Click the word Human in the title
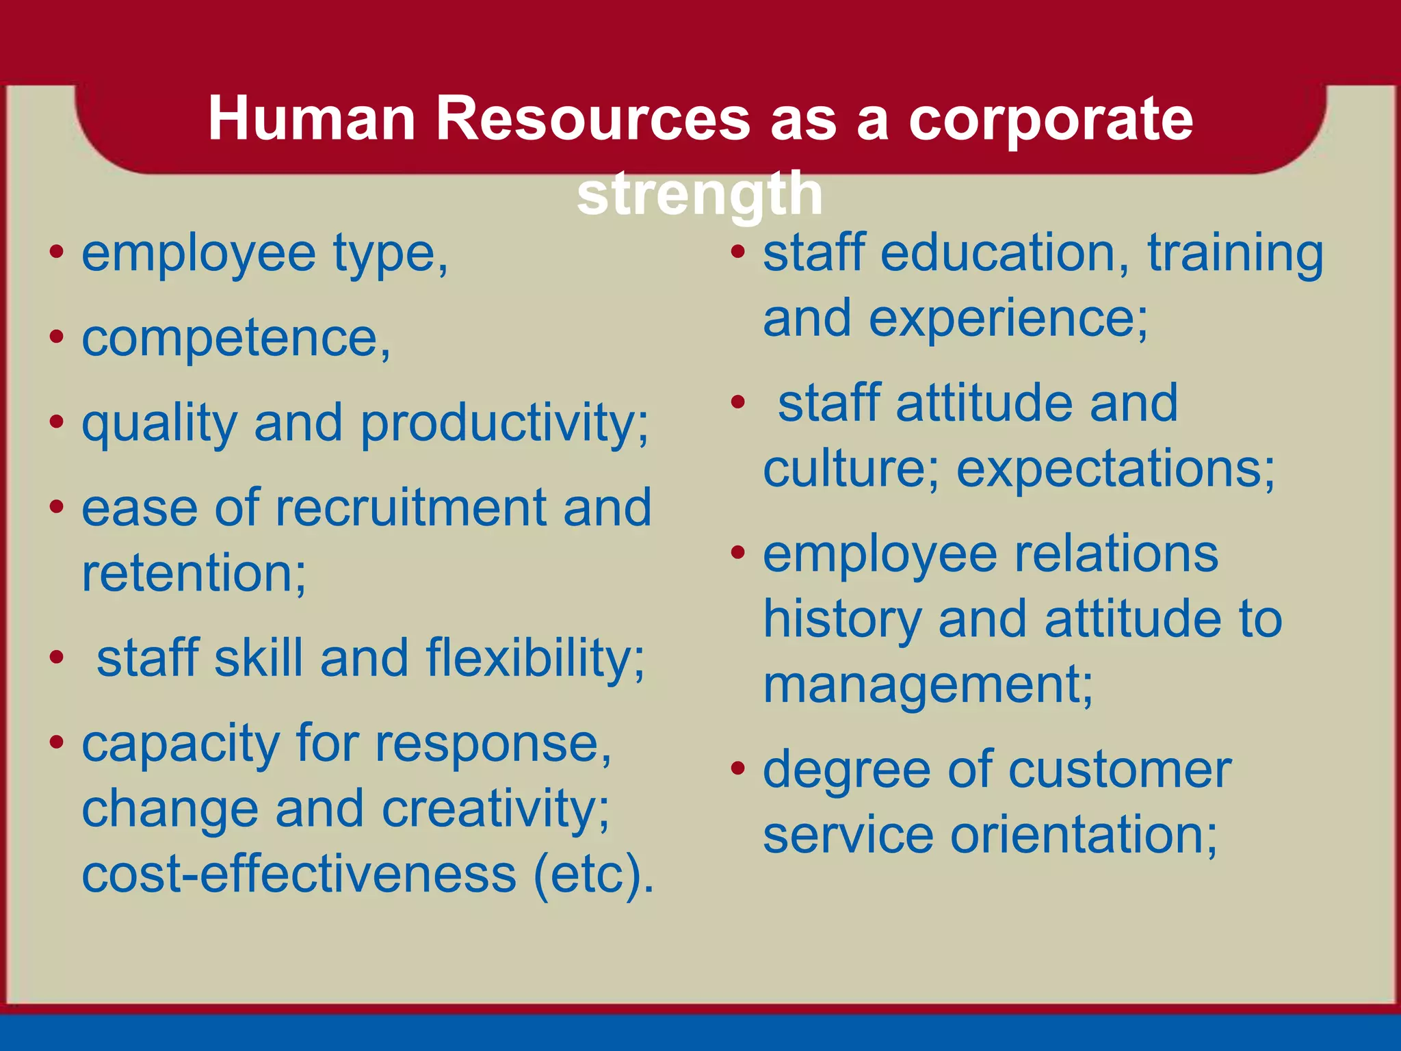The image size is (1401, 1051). point(312,119)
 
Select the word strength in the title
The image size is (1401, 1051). point(700,194)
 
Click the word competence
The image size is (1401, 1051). point(235,338)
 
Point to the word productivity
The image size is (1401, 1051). point(504,424)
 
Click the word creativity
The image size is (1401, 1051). point(495,809)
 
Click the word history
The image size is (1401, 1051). point(841,620)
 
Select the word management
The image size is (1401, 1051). point(928,686)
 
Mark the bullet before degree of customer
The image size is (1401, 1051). point(737,769)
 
